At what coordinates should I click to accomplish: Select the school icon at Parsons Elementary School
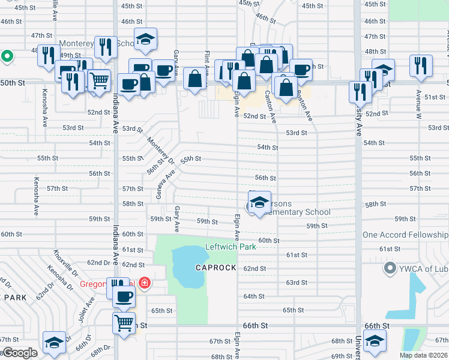(259, 202)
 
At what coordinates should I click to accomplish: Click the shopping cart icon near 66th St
(124, 322)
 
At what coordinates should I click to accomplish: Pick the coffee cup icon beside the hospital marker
(124, 295)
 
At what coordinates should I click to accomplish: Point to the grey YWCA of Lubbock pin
(390, 268)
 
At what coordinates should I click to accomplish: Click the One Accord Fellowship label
(405, 235)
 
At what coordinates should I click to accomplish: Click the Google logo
(20, 353)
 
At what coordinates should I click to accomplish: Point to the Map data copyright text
(423, 355)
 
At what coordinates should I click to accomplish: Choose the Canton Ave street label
(270, 105)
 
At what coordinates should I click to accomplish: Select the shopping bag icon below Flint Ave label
(194, 79)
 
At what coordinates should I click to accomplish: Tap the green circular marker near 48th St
(7, 57)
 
